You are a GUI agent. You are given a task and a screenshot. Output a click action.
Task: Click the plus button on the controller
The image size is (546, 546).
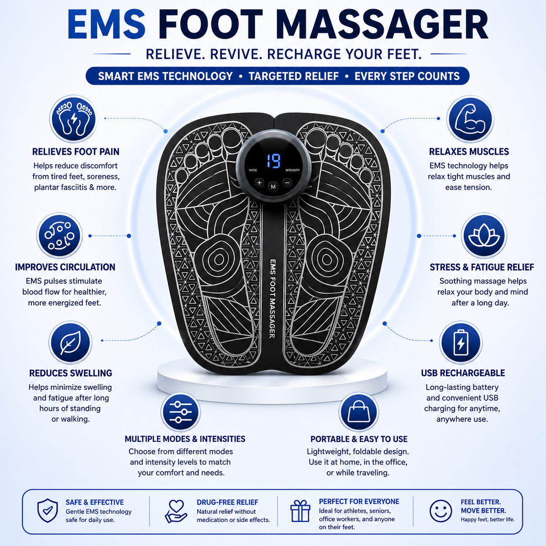click(x=259, y=183)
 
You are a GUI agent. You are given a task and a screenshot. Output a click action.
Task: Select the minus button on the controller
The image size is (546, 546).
click(x=287, y=183)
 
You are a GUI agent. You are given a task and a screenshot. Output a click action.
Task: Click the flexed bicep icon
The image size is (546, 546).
click(x=470, y=119)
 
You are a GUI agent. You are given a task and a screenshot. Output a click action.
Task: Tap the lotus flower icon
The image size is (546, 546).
click(x=484, y=236)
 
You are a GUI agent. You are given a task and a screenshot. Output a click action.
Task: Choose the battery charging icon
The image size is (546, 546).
click(x=461, y=343)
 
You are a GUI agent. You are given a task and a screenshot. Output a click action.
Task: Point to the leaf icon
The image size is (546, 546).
click(x=70, y=343)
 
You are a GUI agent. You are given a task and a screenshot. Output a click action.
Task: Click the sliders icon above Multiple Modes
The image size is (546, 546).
click(x=181, y=412)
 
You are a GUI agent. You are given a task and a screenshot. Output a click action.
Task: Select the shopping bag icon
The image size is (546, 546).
click(x=359, y=412)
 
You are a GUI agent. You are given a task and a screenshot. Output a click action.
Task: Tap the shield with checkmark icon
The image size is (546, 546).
click(x=47, y=511)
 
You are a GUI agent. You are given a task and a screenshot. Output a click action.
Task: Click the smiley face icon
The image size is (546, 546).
click(x=441, y=511)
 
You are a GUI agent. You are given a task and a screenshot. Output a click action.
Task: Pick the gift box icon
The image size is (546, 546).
click(x=300, y=511)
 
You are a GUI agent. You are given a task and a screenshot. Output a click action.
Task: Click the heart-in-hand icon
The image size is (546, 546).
click(x=176, y=511)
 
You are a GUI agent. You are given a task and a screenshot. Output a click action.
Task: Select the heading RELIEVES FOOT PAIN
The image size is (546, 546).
click(x=76, y=152)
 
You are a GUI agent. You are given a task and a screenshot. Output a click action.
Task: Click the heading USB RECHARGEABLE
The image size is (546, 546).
click(x=463, y=373)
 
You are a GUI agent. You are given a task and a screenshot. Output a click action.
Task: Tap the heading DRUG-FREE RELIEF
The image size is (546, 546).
click(x=227, y=502)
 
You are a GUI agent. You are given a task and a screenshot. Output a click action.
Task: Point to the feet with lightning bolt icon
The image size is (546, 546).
click(x=74, y=119)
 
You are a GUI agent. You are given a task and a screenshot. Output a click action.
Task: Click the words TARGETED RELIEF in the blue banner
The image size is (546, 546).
click(x=293, y=76)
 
